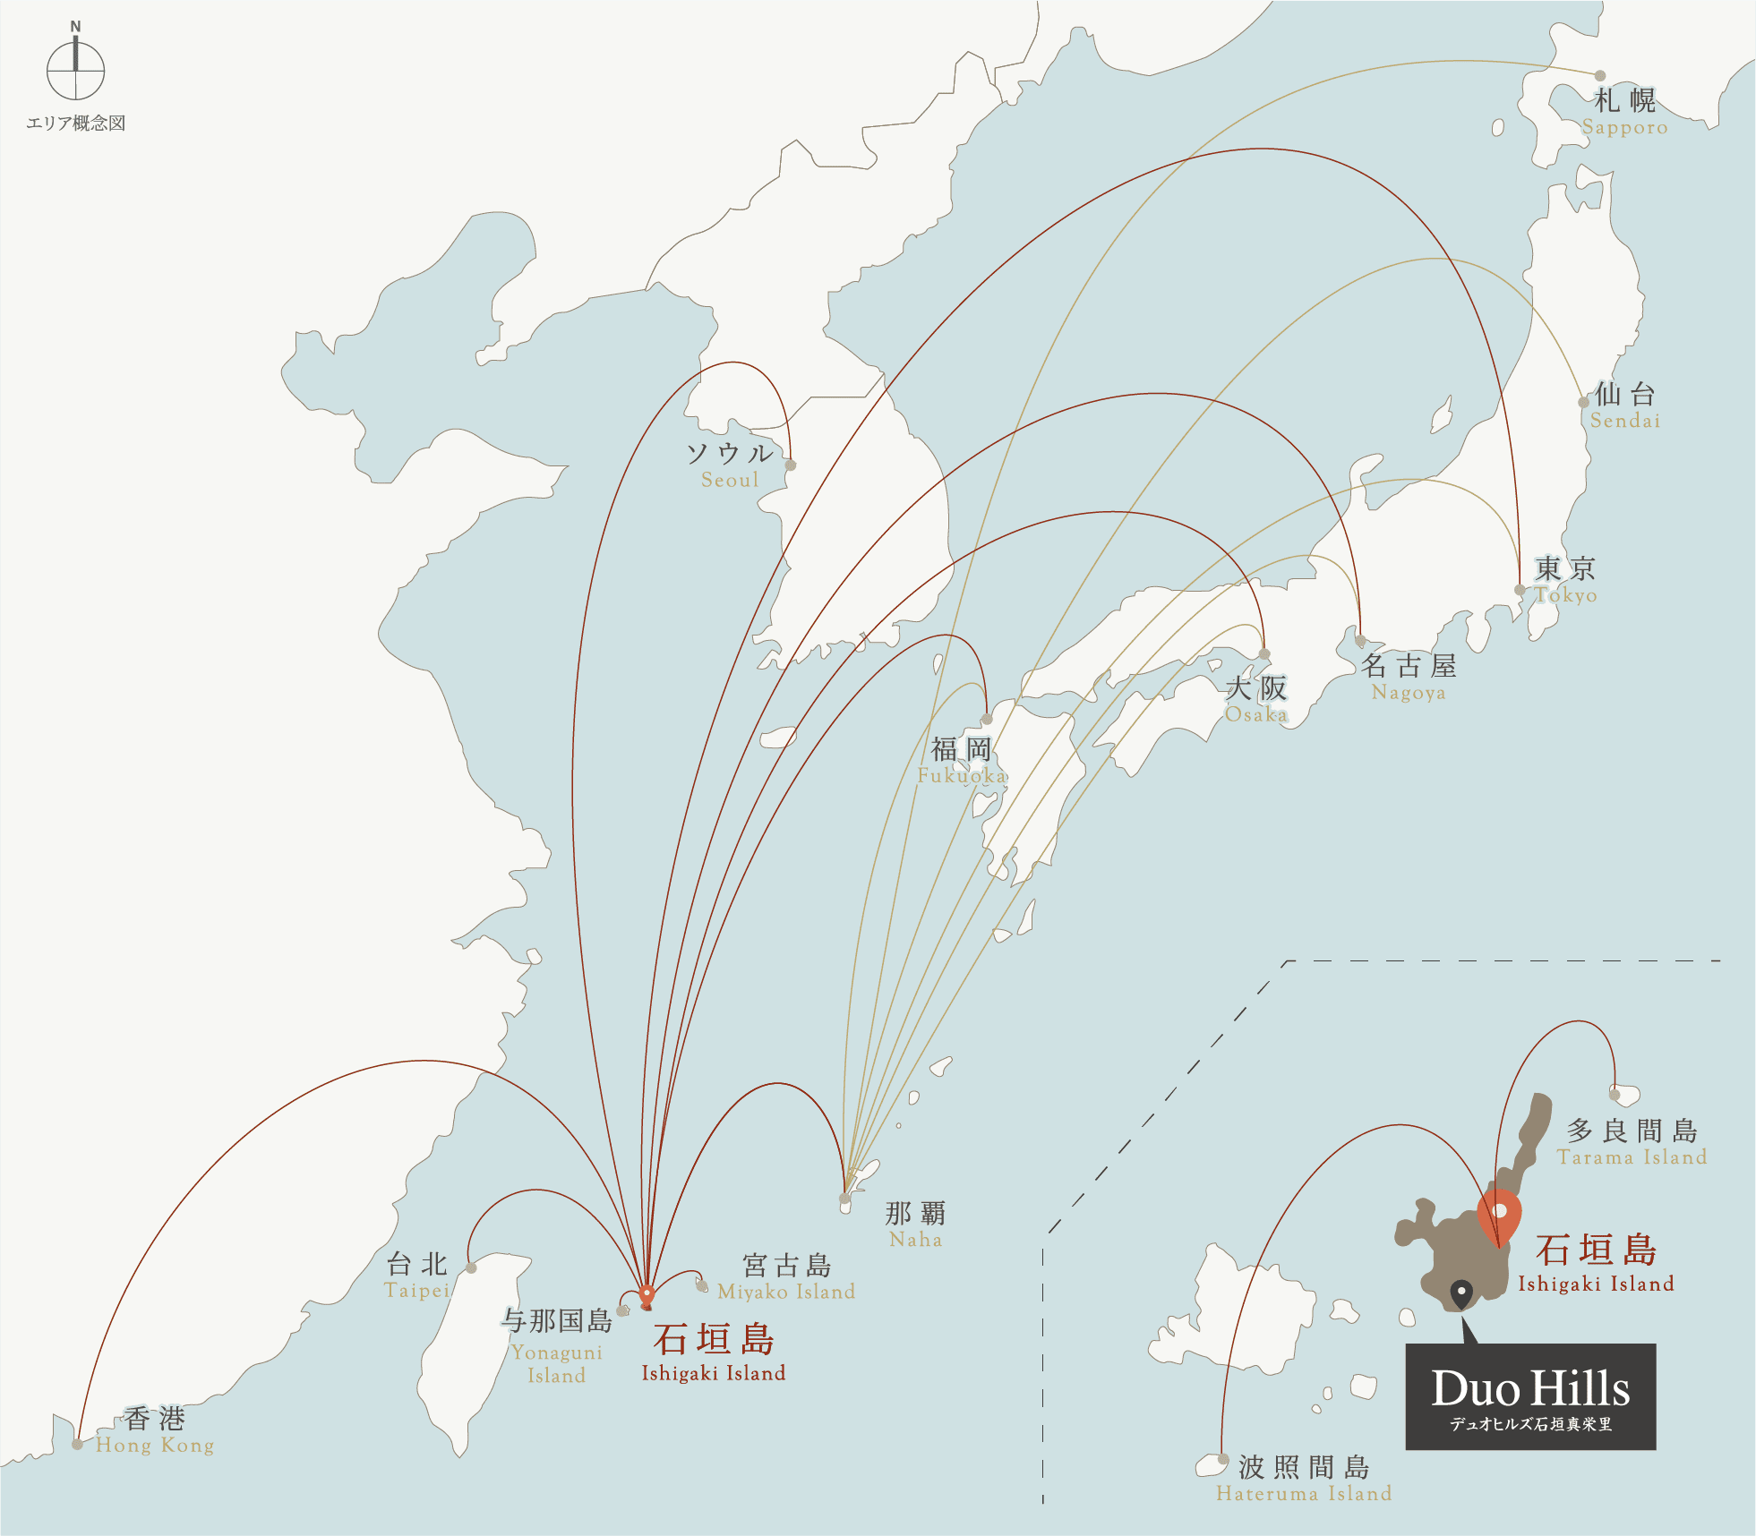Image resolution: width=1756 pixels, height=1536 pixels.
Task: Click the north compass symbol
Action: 76,70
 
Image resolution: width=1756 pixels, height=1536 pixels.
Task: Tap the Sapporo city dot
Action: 1600,75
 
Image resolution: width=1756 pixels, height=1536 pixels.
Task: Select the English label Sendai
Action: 1625,421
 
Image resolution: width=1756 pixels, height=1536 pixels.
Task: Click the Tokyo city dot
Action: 1520,590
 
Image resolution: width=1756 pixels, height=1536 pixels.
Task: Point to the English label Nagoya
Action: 1409,693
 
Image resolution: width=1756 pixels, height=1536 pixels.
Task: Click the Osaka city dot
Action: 1264,654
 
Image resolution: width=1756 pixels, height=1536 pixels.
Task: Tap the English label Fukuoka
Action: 962,775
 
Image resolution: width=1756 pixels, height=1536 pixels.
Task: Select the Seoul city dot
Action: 791,465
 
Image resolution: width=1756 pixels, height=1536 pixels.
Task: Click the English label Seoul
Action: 730,480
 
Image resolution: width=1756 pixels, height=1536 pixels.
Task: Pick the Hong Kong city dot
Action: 78,1444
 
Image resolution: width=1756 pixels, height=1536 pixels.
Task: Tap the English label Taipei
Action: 417,1291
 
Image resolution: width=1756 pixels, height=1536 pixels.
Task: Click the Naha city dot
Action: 844,1198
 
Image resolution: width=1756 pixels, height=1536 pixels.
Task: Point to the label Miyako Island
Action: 786,1292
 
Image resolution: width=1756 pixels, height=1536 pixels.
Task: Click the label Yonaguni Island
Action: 556,1363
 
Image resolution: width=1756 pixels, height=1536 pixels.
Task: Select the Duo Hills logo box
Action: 1530,1396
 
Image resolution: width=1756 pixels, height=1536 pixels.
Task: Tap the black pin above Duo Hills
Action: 1461,1293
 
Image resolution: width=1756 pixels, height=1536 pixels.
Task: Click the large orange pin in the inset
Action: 1499,1216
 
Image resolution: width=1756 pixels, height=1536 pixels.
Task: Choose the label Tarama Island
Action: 1632,1157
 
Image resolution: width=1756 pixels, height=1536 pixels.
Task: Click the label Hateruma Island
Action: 1304,1493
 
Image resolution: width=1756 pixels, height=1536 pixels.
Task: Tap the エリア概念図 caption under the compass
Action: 76,124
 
